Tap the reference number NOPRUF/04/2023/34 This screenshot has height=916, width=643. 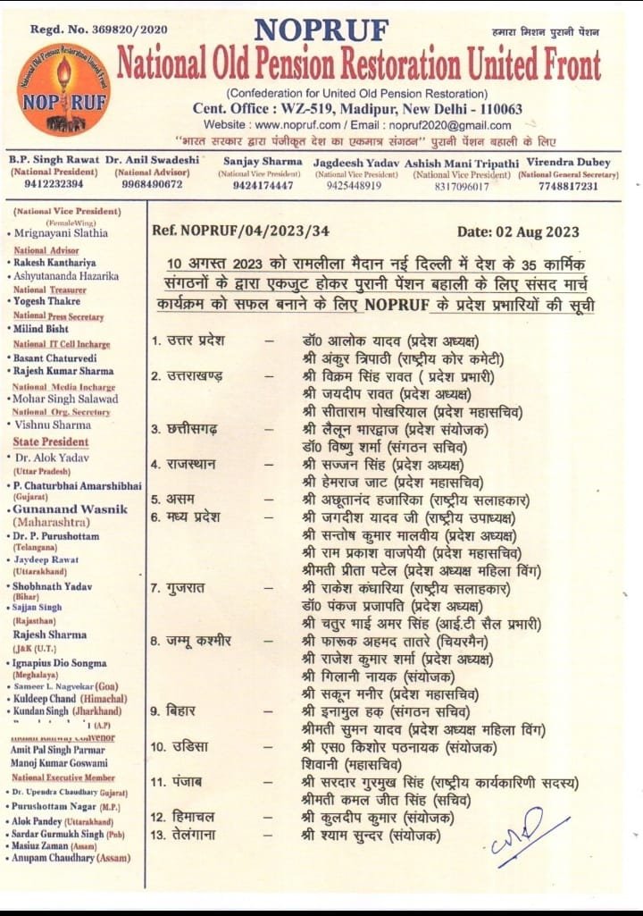(241, 231)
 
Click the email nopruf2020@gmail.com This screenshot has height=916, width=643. (454, 125)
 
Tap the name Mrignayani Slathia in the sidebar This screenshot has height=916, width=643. (62, 232)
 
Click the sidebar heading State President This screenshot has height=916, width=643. (51, 441)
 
